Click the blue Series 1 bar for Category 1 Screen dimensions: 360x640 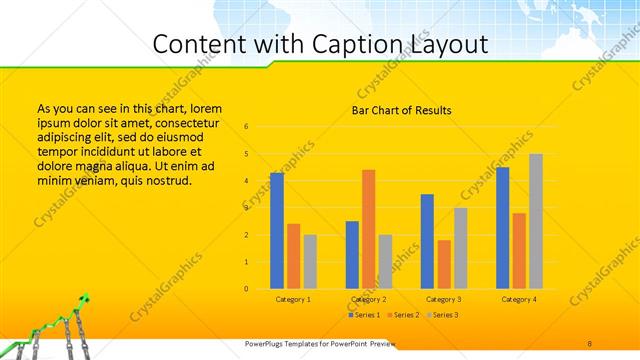(x=277, y=231)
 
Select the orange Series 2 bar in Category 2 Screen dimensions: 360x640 (x=368, y=229)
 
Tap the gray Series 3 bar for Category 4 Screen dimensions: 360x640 (x=536, y=221)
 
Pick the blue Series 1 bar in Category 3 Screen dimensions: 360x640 (x=427, y=241)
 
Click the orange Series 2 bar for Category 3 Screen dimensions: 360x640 (x=444, y=264)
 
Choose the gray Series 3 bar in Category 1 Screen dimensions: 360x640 (x=310, y=262)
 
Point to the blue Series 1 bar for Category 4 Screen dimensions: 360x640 (x=503, y=228)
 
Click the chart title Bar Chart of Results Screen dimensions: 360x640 (x=401, y=110)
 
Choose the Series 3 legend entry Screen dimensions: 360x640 (x=441, y=315)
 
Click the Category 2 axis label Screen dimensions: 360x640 (x=368, y=299)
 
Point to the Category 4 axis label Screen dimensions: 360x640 (x=519, y=299)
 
